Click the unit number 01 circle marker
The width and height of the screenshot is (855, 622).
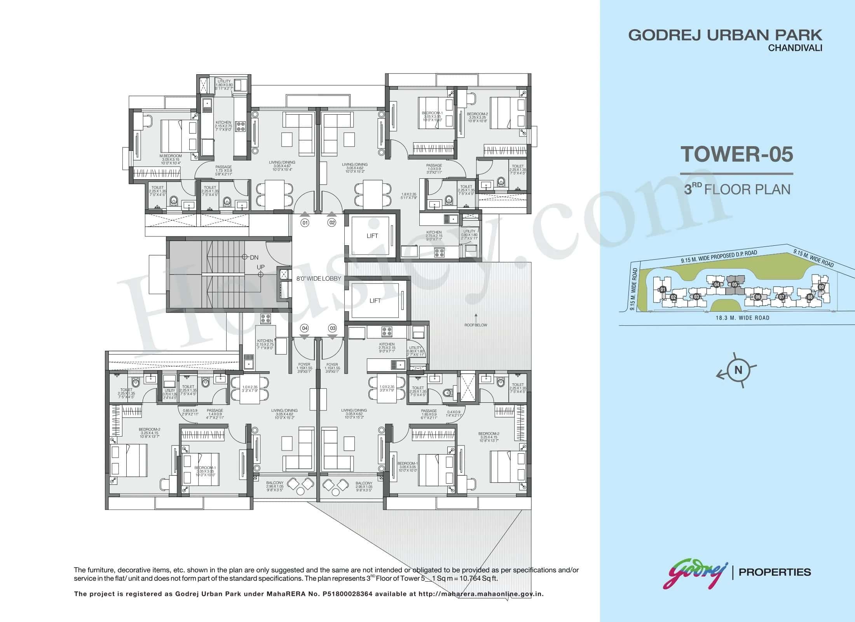[x=305, y=223]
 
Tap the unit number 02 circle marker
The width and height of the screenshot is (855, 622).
[x=332, y=223]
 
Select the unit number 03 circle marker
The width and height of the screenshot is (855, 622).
[x=332, y=328]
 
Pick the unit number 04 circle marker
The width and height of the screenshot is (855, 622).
[x=305, y=328]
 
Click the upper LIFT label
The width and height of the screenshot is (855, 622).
[x=372, y=236]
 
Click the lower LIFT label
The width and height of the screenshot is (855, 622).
[x=375, y=301]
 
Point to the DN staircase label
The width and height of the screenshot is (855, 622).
[x=254, y=257]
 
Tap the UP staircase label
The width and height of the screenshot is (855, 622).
[x=260, y=267]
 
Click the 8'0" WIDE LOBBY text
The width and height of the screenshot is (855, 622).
[x=319, y=278]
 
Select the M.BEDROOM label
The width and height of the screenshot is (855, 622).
[x=171, y=156]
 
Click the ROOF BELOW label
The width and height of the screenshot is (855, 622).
[x=476, y=325]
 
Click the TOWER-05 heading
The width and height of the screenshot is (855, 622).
[x=736, y=154]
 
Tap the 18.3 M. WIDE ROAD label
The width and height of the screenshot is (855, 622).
[x=742, y=318]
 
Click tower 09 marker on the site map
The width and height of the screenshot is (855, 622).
[x=821, y=287]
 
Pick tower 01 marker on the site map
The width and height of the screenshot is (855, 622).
[x=663, y=289]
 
